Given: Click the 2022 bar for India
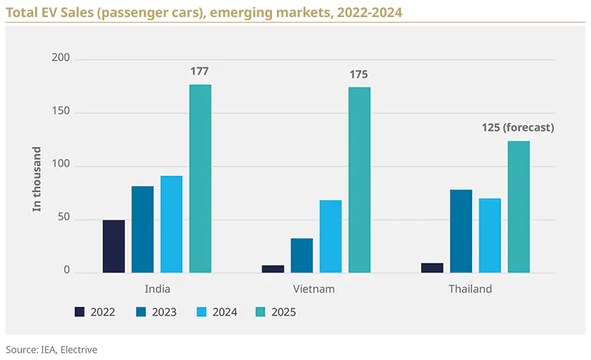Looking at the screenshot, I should (114, 246).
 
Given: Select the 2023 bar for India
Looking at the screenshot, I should (143, 229).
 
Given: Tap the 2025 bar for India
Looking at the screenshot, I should (200, 179).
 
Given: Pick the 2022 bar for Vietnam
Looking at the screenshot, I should (273, 269).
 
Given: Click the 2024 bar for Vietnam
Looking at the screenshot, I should (330, 236).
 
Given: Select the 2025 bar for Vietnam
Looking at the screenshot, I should (359, 180).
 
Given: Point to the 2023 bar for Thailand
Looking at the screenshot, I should (461, 231).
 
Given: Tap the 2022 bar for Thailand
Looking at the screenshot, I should (432, 268).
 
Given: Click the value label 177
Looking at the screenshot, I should (199, 72).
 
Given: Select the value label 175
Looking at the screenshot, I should (358, 75).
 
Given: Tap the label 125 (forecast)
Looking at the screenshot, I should (517, 128).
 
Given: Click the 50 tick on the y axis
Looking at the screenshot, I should (64, 219).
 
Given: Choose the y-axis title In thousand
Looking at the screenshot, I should (37, 179).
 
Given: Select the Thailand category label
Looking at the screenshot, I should (470, 289).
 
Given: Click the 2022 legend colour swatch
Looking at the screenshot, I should (80, 312).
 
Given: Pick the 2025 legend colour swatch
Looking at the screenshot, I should (261, 312).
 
